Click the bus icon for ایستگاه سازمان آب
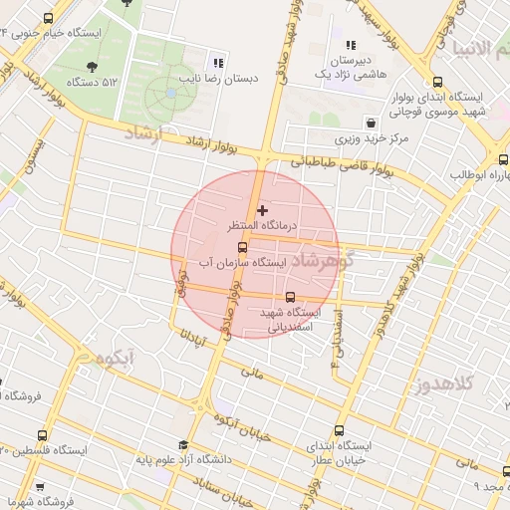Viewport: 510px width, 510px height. [x=242, y=246]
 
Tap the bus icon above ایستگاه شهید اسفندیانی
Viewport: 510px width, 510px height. [x=291, y=297]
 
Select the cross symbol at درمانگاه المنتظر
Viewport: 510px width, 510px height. [x=262, y=210]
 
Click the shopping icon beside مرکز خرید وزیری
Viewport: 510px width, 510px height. [x=371, y=124]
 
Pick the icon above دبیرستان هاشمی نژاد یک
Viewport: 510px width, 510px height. [x=350, y=45]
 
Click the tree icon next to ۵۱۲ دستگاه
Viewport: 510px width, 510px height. [x=92, y=67]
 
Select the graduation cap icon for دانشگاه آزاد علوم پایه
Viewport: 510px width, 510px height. [x=182, y=445]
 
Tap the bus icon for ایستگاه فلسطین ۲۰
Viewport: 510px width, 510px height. [x=42, y=435]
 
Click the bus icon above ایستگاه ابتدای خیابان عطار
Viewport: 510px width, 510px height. [x=339, y=431]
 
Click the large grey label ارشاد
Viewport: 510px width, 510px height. [x=147, y=133]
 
